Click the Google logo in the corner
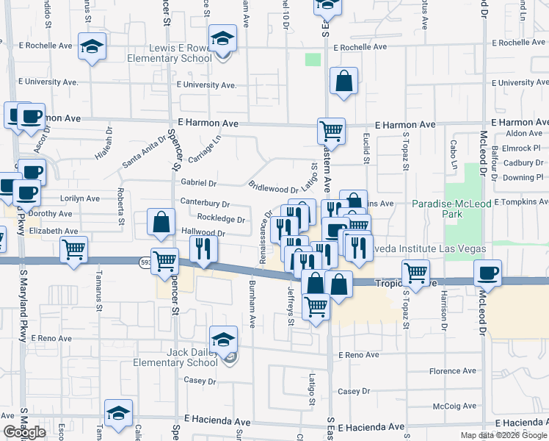[24, 432]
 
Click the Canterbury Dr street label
[205, 204]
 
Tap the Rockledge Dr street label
[220, 218]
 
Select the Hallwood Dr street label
[202, 233]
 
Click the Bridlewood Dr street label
[273, 189]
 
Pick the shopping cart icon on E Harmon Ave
[332, 132]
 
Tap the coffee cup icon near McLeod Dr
[487, 273]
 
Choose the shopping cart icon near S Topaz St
[416, 273]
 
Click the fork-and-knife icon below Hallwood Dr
[204, 248]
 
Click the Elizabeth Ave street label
[54, 231]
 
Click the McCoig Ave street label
[456, 406]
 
